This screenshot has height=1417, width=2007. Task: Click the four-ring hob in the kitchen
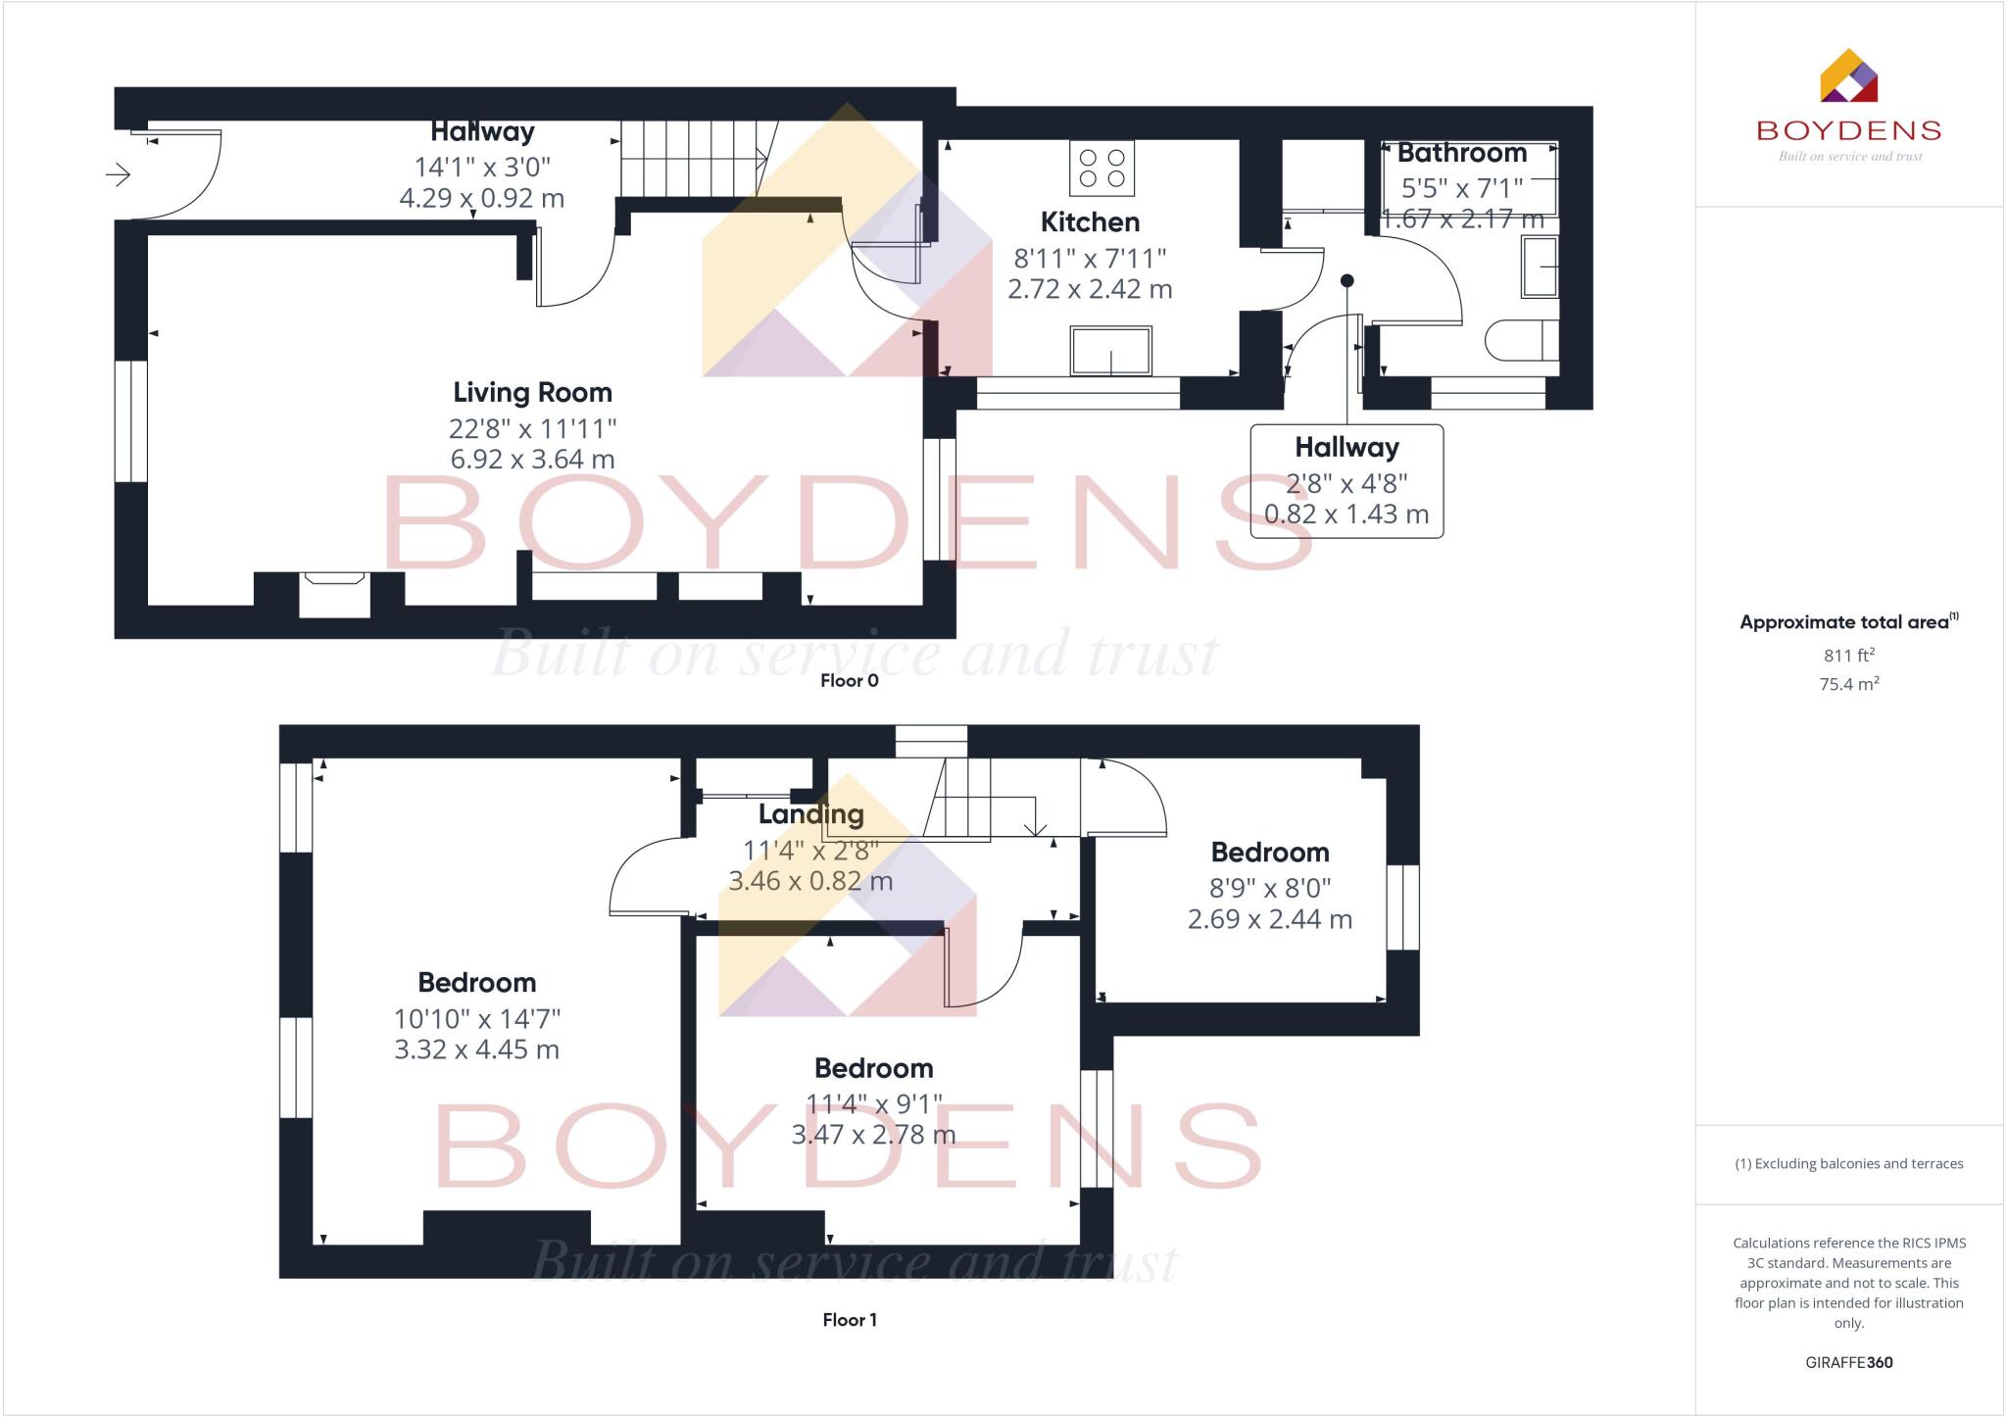click(1101, 168)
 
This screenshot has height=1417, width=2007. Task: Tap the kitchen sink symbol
click(1110, 351)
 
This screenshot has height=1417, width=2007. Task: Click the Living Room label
click(532, 393)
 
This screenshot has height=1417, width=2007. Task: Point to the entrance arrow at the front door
click(119, 175)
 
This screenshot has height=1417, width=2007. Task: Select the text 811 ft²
click(1848, 655)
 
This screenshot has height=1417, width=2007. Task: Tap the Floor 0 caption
click(849, 681)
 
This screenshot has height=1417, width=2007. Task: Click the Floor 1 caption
click(849, 1320)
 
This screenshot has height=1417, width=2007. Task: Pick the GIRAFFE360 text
click(1848, 1362)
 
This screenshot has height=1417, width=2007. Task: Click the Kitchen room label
click(1090, 222)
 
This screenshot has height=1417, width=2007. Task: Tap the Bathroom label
click(1461, 154)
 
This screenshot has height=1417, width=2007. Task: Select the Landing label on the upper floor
click(810, 814)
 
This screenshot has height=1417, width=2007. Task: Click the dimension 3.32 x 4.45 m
click(476, 1050)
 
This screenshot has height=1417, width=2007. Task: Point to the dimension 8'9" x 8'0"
click(1269, 888)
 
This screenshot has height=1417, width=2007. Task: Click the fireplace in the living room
click(334, 594)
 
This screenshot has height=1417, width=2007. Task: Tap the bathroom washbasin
click(1539, 266)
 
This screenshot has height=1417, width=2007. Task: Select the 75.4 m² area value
click(1848, 684)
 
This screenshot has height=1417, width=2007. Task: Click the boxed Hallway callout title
click(1346, 448)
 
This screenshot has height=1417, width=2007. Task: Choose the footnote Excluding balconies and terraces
click(1848, 1164)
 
